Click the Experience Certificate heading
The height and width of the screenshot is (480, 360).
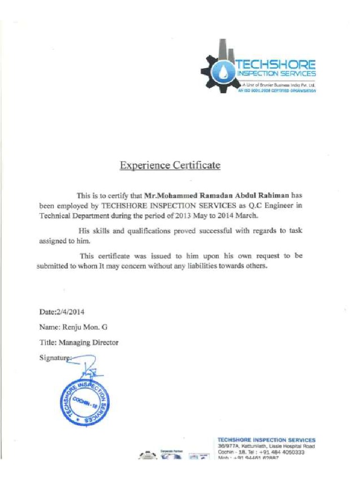pyautogui.click(x=170, y=165)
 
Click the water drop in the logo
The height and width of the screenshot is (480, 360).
pyautogui.click(x=221, y=71)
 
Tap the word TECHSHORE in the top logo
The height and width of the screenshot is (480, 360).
pyautogui.click(x=276, y=64)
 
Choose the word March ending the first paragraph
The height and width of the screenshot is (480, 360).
pyautogui.click(x=246, y=216)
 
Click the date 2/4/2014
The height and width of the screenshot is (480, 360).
pyautogui.click(x=70, y=311)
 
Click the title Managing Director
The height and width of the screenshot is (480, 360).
pyautogui.click(x=88, y=342)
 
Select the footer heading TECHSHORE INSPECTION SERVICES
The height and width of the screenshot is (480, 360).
pyautogui.click(x=267, y=440)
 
